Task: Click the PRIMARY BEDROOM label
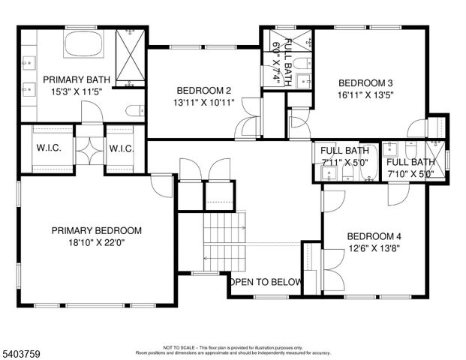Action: (96, 231)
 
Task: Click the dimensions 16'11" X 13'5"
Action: (365, 95)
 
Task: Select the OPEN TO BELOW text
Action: (266, 283)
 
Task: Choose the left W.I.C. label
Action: (49, 148)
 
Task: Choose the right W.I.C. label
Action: (122, 148)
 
